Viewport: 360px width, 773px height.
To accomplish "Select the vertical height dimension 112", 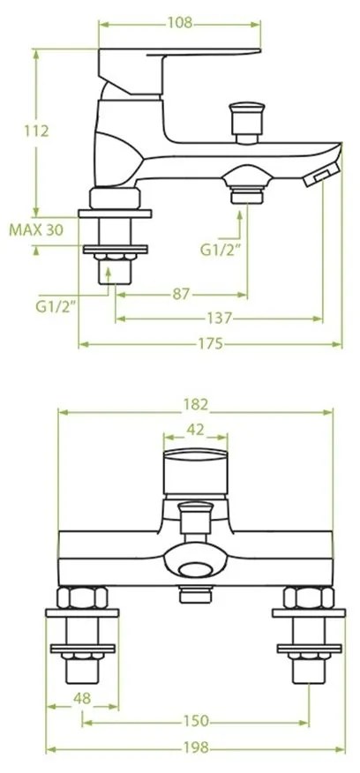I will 35,131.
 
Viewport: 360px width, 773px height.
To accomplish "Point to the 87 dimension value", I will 182,295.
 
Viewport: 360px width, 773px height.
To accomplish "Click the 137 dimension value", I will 221,318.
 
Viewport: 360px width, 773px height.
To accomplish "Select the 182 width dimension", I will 196,405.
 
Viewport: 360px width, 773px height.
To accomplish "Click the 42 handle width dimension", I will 196,430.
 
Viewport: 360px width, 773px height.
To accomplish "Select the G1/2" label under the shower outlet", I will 217,249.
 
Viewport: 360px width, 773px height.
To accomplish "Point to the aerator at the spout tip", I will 319,177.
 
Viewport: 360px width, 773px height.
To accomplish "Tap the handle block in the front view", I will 196,474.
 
